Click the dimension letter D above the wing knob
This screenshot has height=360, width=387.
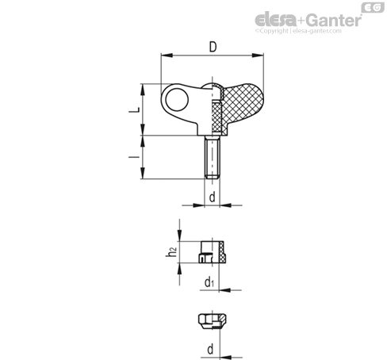click(213, 47)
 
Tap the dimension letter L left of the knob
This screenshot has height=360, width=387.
click(134, 109)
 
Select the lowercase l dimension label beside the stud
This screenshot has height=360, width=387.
click(134, 157)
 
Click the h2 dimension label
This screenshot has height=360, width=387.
click(171, 252)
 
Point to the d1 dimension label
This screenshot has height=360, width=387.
click(209, 281)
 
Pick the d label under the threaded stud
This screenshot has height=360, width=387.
click(213, 197)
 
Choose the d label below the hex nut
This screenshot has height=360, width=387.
click(210, 350)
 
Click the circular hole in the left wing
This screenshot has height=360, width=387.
click(177, 99)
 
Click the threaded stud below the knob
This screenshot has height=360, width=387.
click(212, 157)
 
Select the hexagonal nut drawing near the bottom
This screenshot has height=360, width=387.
click(213, 321)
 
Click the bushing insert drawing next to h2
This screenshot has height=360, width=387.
click(213, 252)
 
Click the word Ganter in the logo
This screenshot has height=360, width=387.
click(335, 20)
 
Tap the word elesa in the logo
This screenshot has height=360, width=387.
click(276, 20)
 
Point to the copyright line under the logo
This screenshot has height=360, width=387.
click(298, 31)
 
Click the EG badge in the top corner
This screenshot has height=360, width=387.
click(373, 7)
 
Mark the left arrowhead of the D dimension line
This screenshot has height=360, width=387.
click(167, 56)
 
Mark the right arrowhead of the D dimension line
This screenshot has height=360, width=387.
click(258, 56)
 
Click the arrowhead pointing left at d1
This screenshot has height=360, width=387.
click(225, 290)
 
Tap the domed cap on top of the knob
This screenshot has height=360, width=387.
click(213, 86)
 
